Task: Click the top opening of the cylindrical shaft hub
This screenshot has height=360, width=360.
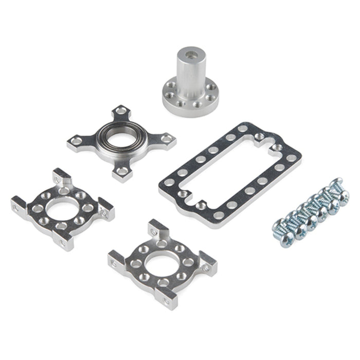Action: (x=190, y=51)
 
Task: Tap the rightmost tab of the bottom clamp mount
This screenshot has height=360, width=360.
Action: (x=208, y=262)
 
